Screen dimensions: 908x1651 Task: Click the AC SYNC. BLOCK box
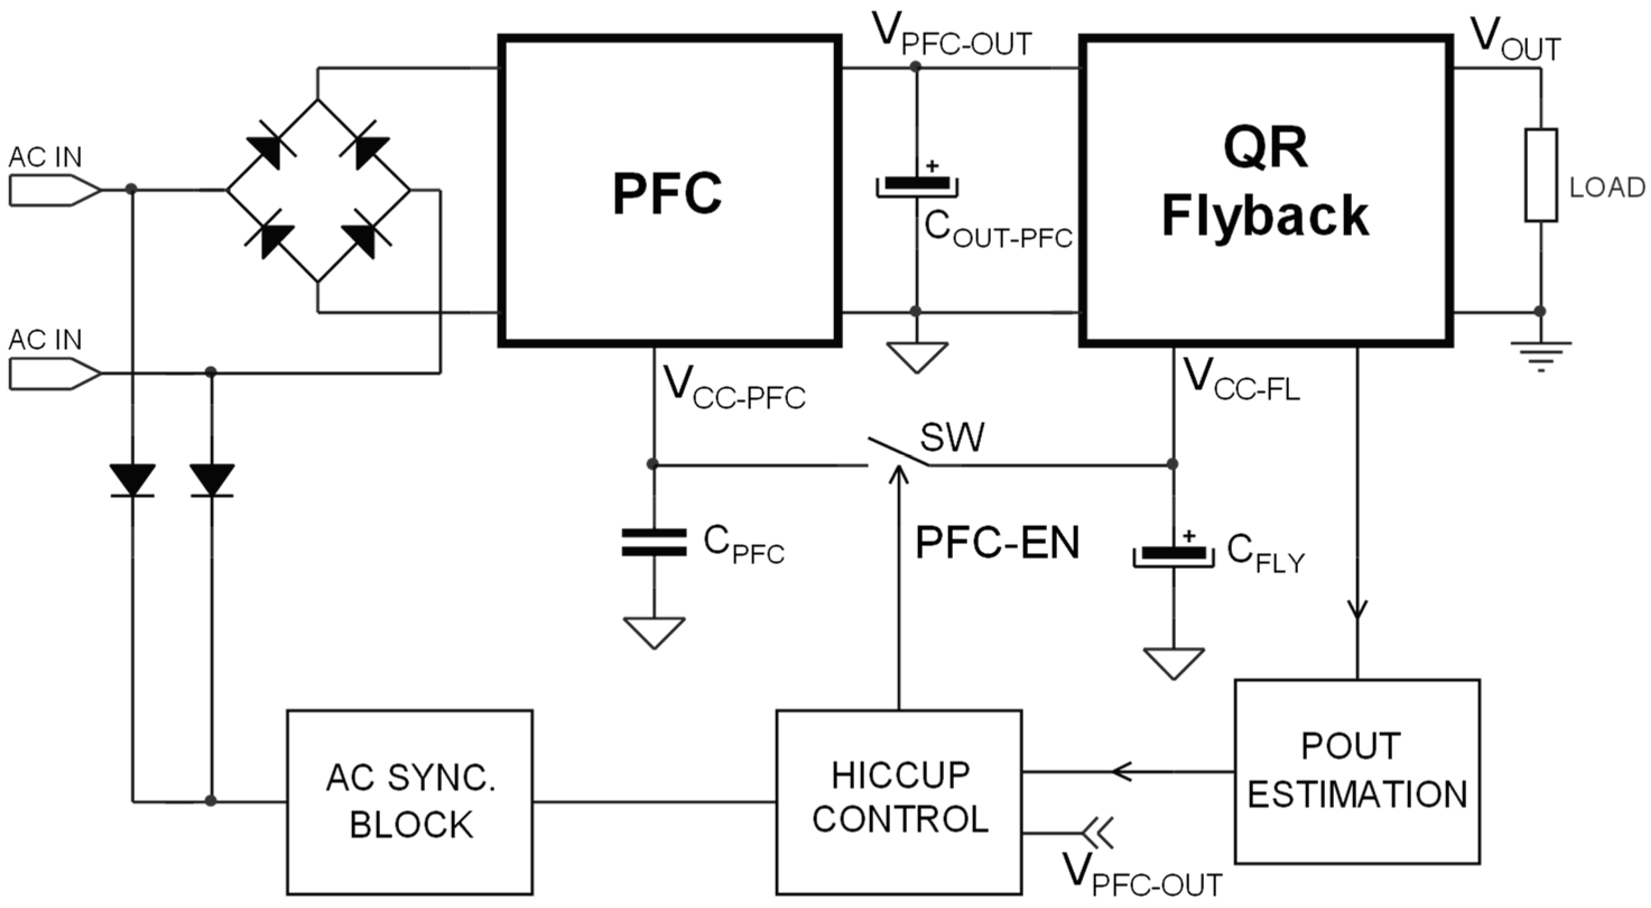pyautogui.click(x=410, y=801)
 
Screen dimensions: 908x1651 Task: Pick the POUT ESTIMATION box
pyautogui.click(x=1357, y=771)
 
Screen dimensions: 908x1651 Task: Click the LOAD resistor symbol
pyautogui.click(x=1540, y=175)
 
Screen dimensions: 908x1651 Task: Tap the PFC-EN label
pyautogui.click(x=997, y=543)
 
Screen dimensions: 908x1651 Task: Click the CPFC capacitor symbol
pyautogui.click(x=654, y=542)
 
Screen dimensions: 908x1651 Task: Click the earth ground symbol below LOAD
pyautogui.click(x=1540, y=356)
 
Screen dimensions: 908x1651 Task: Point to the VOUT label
pyautogui.click(x=1516, y=40)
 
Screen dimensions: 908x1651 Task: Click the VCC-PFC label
pyautogui.click(x=734, y=388)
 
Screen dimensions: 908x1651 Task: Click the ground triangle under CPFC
pyautogui.click(x=654, y=632)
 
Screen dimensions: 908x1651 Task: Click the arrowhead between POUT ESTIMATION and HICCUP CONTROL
pyautogui.click(x=1121, y=771)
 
